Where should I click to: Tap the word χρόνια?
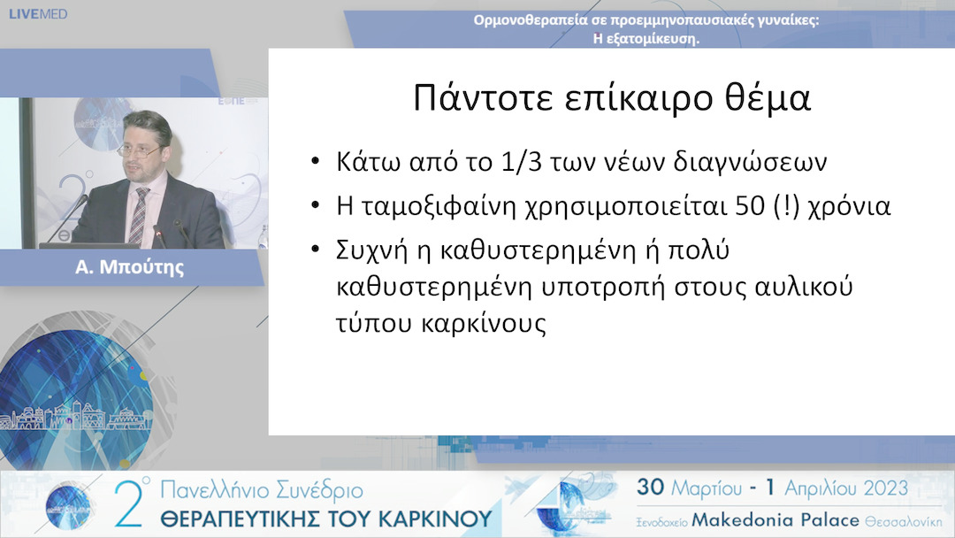(x=846, y=207)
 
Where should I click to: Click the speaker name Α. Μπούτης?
(x=131, y=267)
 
